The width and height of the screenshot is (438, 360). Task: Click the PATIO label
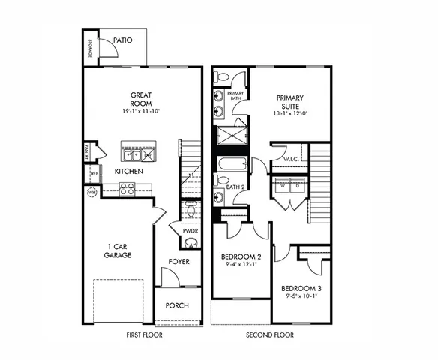(124, 40)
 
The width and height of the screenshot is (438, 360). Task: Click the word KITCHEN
(128, 172)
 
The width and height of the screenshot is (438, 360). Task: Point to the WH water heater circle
(92, 192)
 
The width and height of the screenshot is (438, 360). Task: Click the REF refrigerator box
(94, 174)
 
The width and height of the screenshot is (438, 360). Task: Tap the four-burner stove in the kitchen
(127, 188)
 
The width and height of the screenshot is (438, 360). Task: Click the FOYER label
(178, 262)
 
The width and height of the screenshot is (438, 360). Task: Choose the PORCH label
(177, 305)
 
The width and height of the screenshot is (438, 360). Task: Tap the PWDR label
(190, 232)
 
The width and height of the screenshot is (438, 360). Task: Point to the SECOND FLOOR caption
(269, 335)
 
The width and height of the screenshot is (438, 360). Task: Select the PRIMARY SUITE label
(289, 101)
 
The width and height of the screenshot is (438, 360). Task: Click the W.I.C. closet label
(292, 160)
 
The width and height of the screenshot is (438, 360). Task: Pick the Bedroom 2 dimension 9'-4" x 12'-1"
(241, 264)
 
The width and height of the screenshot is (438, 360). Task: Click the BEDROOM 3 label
(301, 288)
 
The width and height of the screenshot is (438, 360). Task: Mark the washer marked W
(283, 185)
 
